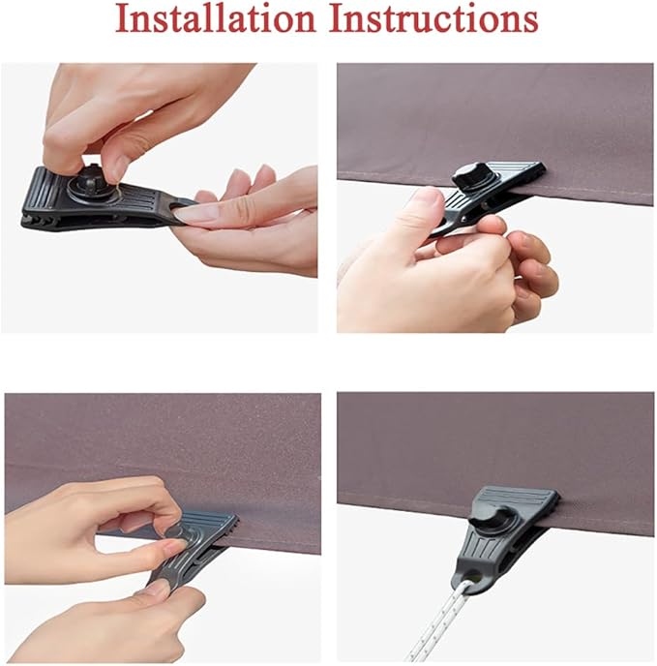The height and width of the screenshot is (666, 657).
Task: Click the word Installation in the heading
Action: [216, 19]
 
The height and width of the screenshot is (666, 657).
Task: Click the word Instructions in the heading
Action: [434, 19]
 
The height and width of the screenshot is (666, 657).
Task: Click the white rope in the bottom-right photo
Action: [437, 623]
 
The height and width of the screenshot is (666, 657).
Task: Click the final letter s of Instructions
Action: [531, 23]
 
